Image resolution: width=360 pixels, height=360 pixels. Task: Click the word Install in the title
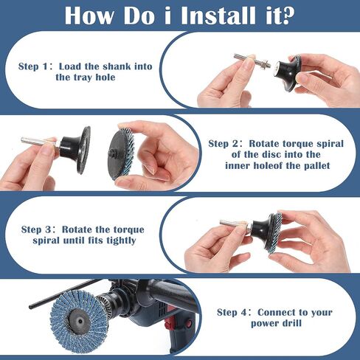point(218,15)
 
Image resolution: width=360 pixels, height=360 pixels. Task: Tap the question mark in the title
point(287,15)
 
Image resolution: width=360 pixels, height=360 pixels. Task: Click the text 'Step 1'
point(32,66)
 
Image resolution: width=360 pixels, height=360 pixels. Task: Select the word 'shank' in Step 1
point(117,66)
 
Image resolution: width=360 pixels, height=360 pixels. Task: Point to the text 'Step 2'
point(223,144)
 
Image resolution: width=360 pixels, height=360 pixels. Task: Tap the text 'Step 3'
point(36,229)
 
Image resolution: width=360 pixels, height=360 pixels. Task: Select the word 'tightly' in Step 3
point(121,240)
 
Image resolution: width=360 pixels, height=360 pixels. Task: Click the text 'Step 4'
point(232,313)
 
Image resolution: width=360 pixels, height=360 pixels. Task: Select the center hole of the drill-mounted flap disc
point(80,321)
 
